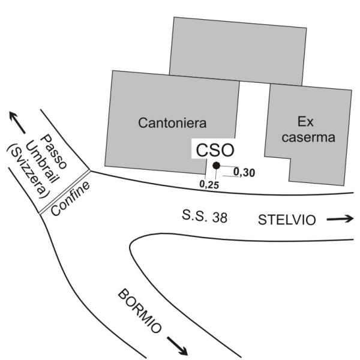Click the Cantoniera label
172,123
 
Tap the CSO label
215,151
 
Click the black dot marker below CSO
216,166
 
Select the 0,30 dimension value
244,172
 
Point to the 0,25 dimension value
209,184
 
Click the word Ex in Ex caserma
305,121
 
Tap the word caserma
308,137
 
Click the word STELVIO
287,220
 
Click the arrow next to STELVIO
340,219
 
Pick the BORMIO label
140,311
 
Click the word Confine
70,199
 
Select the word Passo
53,152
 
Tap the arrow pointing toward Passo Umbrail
17,122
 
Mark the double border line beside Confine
65,193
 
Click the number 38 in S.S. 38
220,217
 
